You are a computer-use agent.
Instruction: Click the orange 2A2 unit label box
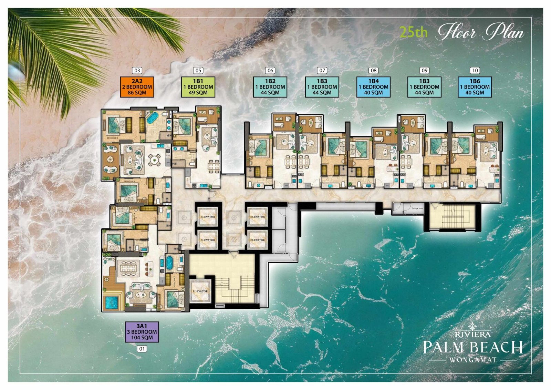click(x=137, y=87)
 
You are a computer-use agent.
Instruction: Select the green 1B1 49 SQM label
click(x=198, y=87)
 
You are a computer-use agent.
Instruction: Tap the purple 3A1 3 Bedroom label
click(x=142, y=332)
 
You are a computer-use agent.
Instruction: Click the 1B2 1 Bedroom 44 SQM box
click(x=270, y=87)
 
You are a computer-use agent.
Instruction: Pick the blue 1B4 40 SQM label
click(x=373, y=87)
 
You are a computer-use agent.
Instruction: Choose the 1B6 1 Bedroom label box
click(x=475, y=87)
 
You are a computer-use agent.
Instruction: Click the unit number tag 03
click(x=137, y=71)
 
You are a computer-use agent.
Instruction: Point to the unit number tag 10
click(x=475, y=71)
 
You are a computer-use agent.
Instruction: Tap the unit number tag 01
click(x=142, y=349)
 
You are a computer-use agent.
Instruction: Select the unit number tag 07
click(x=322, y=71)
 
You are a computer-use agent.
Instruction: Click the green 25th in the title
click(x=414, y=32)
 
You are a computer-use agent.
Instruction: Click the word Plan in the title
click(x=504, y=32)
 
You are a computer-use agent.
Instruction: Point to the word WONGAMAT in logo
click(x=473, y=360)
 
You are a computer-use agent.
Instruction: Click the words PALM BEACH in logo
click(x=473, y=347)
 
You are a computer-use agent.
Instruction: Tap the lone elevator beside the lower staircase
click(x=200, y=291)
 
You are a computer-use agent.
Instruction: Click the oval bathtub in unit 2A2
click(x=152, y=118)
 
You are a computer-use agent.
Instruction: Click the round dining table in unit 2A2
click(x=154, y=160)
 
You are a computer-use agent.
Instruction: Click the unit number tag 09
click(x=424, y=71)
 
